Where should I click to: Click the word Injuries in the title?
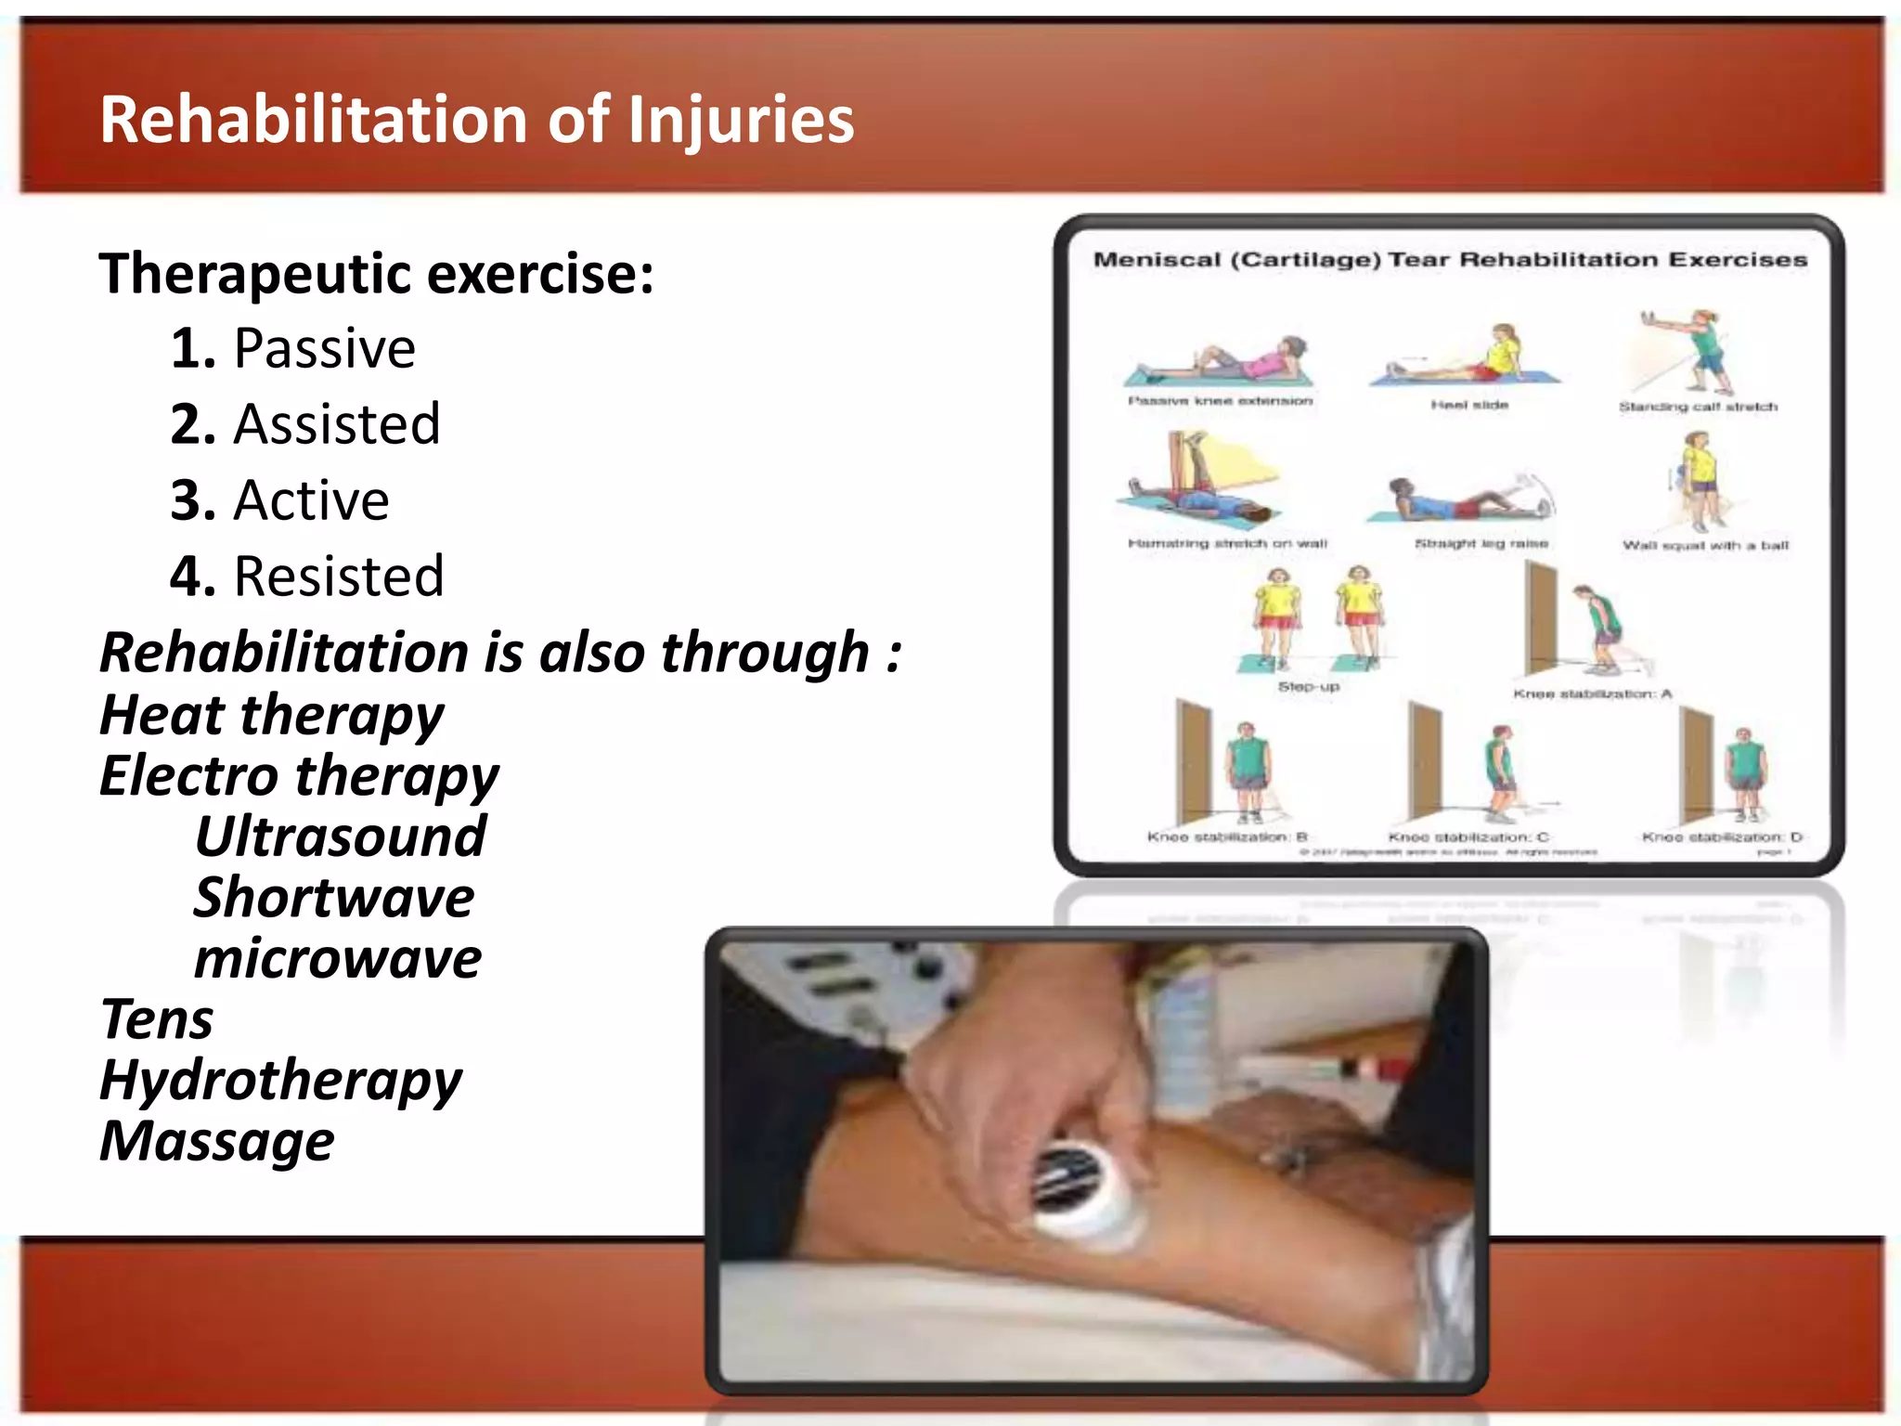point(740,121)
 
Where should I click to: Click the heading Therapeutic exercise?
point(376,274)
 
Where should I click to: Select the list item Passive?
point(324,349)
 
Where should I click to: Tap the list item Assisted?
point(336,425)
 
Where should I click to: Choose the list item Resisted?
point(339,577)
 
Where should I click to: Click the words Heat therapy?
point(272,715)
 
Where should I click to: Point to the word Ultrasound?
point(341,836)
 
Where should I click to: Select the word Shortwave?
point(334,898)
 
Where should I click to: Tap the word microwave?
point(338,958)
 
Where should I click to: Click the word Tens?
point(156,1019)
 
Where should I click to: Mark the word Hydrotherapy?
point(280,1081)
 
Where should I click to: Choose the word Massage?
point(217,1141)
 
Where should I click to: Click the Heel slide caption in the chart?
point(1469,405)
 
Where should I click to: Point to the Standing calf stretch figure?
point(1691,353)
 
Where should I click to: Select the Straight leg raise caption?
point(1481,543)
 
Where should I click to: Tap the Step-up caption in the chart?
point(1308,687)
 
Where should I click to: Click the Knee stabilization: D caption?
point(1722,836)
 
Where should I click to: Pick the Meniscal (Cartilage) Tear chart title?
point(1450,260)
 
